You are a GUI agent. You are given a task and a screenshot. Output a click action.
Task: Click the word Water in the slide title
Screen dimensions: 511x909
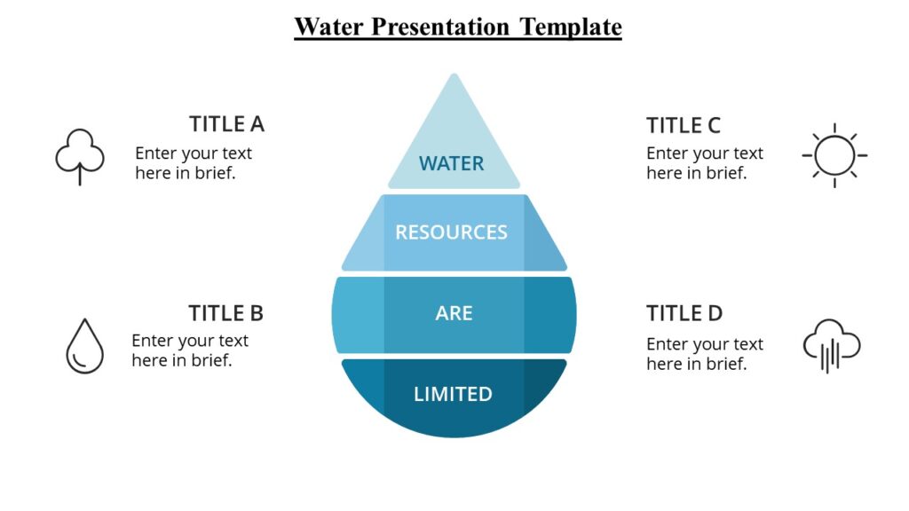[x=329, y=27]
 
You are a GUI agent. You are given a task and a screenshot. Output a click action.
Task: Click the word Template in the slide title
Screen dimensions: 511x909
[x=571, y=27]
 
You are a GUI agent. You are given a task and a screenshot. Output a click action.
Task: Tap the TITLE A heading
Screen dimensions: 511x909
[x=226, y=124]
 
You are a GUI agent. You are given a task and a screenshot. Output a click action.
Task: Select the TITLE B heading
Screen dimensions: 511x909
[x=225, y=313]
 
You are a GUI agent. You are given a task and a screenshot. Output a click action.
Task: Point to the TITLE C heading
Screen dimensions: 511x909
[x=684, y=125]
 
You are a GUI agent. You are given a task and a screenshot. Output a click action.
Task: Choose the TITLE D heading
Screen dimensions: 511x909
[x=684, y=313]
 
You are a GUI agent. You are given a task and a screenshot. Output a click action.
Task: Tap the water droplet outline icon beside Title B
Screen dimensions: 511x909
[x=84, y=346]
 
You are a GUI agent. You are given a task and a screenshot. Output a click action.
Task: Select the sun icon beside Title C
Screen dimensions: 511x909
[x=834, y=155]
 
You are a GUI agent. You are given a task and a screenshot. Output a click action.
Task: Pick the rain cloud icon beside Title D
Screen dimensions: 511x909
[x=832, y=344]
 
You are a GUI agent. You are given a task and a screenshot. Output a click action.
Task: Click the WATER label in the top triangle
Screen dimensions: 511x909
[x=452, y=163]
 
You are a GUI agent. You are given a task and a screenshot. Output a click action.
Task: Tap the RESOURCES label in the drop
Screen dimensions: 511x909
[x=451, y=232]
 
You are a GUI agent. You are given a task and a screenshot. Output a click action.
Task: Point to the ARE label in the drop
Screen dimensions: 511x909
[x=454, y=313]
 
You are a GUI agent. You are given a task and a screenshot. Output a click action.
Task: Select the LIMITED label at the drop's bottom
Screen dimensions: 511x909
[x=453, y=394]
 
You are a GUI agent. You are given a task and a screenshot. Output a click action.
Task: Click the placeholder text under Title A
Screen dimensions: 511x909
[x=194, y=163]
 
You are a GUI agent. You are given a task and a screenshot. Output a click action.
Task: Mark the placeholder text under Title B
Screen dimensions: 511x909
[x=190, y=350]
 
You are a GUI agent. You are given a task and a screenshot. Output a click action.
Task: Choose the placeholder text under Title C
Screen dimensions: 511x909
[x=705, y=163]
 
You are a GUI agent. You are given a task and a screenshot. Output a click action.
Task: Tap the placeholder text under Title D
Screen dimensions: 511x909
[x=705, y=354]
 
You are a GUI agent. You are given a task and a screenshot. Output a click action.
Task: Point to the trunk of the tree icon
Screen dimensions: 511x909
[x=80, y=175]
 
